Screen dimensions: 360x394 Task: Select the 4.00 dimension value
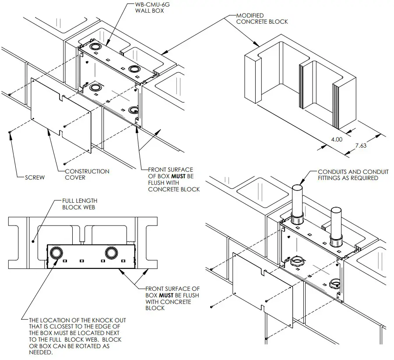point(335,140)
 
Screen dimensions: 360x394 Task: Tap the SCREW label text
point(35,177)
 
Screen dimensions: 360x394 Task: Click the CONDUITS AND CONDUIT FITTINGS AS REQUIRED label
point(348,175)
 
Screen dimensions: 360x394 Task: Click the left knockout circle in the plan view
point(56,253)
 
